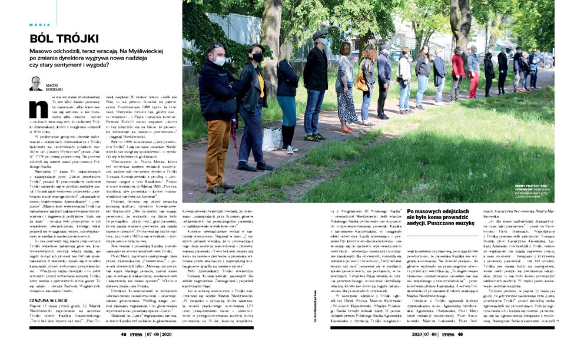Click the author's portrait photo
36,83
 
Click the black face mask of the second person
257,57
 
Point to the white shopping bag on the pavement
271,139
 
